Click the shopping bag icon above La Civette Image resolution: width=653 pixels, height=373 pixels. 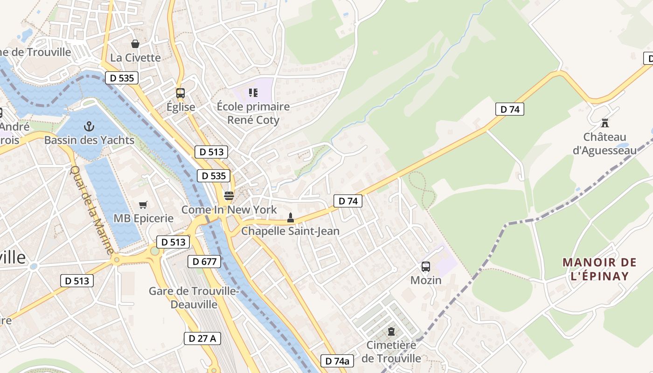click(x=135, y=44)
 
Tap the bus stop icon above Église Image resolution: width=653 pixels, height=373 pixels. click(x=181, y=93)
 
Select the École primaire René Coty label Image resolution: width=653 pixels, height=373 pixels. click(x=253, y=113)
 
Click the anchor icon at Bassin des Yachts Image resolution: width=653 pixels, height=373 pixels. click(x=89, y=126)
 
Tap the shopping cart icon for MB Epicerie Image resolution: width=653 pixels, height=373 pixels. click(x=143, y=205)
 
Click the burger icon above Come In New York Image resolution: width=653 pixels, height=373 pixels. click(x=229, y=196)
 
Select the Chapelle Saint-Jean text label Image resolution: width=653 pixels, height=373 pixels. click(x=290, y=231)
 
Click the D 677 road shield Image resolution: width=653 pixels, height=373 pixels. click(x=204, y=262)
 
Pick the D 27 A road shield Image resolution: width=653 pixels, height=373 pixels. click(x=202, y=338)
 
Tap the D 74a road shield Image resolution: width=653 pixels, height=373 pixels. click(x=337, y=361)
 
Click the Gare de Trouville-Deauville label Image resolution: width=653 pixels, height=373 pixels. click(x=194, y=297)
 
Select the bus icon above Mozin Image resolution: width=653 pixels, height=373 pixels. click(x=426, y=267)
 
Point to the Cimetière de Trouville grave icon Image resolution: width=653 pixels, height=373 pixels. click(x=391, y=332)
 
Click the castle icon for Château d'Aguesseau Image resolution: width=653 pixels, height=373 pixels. click(x=605, y=124)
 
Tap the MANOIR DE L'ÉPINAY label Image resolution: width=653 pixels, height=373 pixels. click(x=599, y=269)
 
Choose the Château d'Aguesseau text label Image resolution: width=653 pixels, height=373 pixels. click(x=604, y=144)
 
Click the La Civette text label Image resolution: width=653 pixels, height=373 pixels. click(x=135, y=58)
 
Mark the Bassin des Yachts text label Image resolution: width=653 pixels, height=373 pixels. click(x=89, y=140)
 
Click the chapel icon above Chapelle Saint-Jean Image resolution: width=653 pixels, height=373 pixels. click(x=290, y=218)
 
